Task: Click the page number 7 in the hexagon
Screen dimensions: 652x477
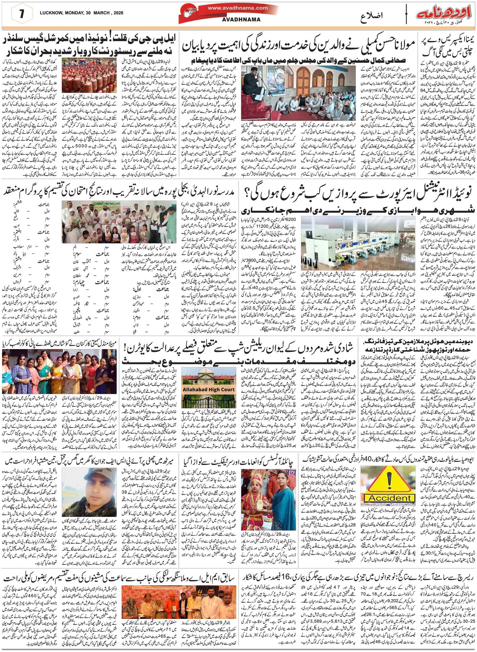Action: coord(21,15)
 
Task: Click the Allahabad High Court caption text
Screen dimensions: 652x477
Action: coord(209,389)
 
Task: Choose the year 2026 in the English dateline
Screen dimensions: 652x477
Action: coord(117,13)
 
